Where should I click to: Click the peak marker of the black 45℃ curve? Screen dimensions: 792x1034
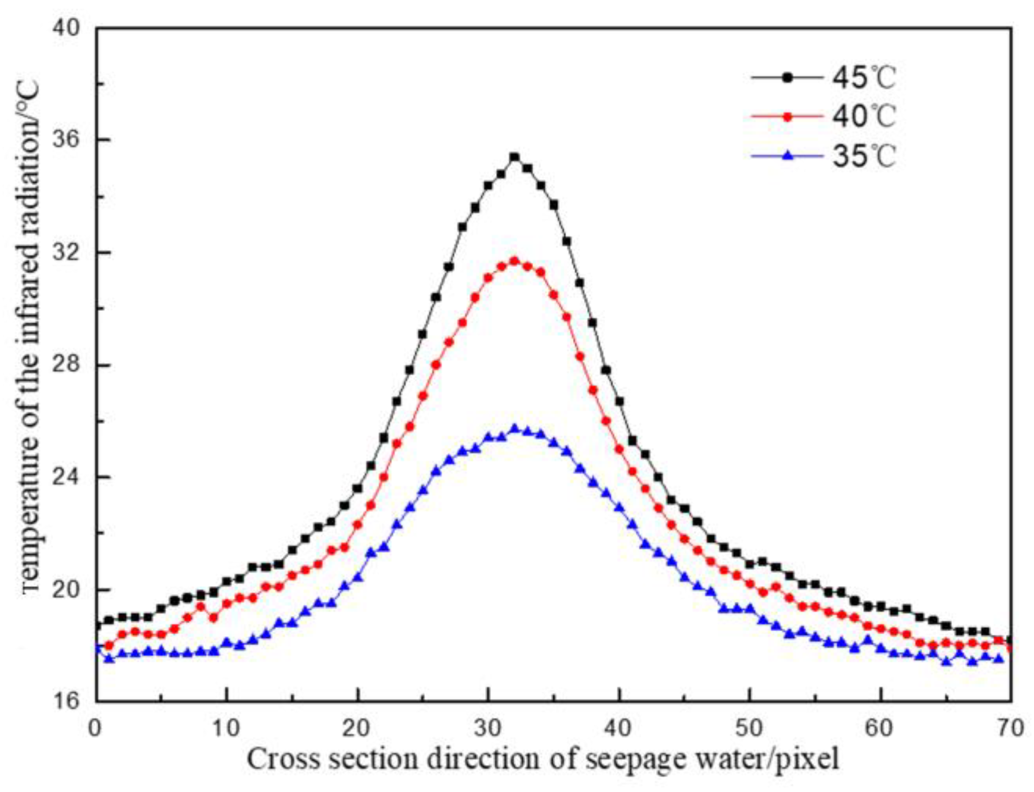tap(514, 157)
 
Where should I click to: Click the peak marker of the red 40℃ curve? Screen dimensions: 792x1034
tap(514, 261)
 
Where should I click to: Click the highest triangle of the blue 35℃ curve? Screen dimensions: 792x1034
tap(514, 428)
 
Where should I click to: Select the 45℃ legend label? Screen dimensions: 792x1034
tap(864, 78)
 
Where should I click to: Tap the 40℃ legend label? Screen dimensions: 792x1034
tap(864, 116)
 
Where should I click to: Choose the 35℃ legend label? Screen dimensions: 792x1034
tap(864, 156)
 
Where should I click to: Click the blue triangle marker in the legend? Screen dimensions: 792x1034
tap(788, 155)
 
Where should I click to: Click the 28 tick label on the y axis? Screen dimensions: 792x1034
tap(66, 364)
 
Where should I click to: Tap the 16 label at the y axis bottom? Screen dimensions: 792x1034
tap(66, 701)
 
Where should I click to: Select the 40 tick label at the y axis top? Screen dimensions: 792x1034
tap(66, 27)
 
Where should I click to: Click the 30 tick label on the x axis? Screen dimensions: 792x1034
tap(488, 727)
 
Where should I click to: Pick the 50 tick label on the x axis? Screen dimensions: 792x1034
tap(749, 727)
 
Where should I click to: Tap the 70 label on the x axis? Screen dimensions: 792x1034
tap(1011, 727)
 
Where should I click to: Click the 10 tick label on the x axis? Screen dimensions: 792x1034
tap(226, 727)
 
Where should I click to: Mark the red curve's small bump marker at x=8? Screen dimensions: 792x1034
tap(201, 607)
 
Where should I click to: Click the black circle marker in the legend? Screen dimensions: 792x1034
tap(788, 78)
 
